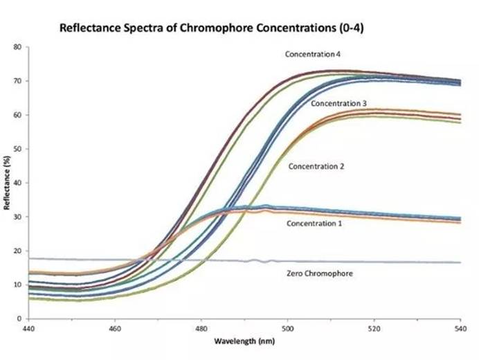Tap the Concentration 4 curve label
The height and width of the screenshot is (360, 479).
313,53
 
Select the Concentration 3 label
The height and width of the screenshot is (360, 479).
338,103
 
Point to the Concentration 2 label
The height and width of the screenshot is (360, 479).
316,166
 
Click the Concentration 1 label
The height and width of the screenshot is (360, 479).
314,223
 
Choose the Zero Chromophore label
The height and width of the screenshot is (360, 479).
319,273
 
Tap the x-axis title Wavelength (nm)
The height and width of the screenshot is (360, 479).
244,341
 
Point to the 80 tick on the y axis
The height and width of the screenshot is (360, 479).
17,47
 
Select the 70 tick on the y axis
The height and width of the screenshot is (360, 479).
17,81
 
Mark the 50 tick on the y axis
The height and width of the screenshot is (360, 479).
17,149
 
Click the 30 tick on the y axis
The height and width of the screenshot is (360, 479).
17,217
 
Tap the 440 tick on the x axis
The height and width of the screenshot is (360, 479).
28,327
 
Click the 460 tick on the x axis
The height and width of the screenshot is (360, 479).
115,327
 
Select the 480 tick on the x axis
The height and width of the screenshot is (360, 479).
201,327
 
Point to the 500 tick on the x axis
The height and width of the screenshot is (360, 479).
288,327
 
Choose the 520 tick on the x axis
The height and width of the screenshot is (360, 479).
374,327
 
